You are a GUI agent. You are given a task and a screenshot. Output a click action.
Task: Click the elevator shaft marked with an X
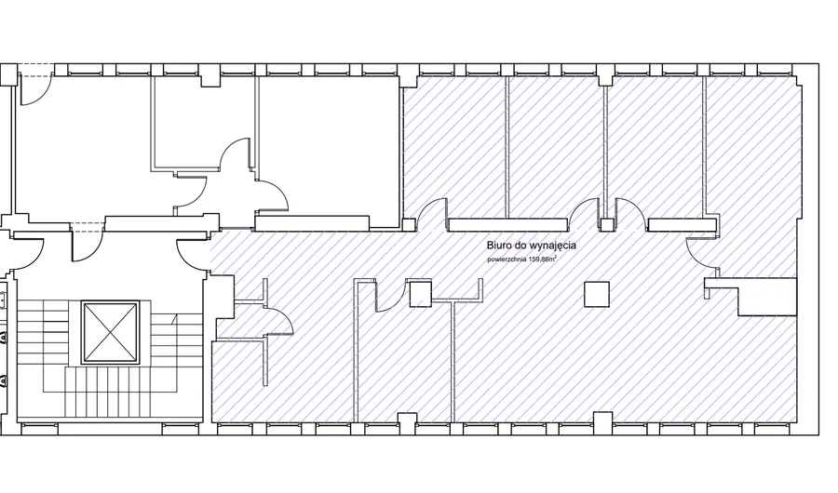tap(111, 332)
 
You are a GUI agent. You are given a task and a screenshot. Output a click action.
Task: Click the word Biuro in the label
tap(497, 246)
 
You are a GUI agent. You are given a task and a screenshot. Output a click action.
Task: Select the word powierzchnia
tap(507, 260)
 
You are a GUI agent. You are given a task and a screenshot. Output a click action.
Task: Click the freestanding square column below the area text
tap(597, 294)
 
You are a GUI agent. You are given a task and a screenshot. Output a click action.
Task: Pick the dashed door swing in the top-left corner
tap(34, 89)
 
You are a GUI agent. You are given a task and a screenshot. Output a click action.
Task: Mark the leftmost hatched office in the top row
tap(454, 147)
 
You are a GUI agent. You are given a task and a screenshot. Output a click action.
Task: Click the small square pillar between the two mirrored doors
tap(606, 224)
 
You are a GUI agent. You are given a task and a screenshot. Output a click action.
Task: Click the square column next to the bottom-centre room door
tap(421, 294)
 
